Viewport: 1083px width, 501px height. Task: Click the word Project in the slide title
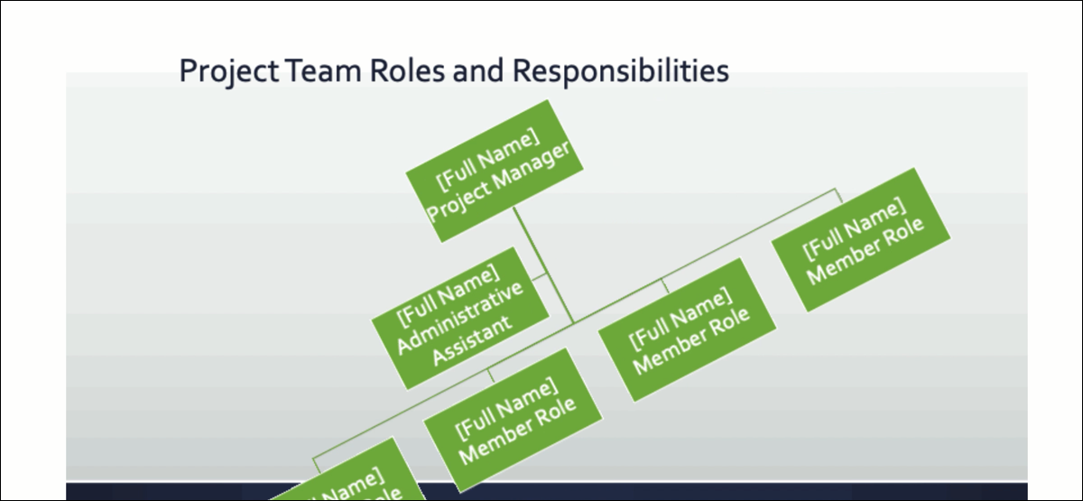(x=219, y=70)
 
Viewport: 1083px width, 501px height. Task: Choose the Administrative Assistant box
(x=461, y=318)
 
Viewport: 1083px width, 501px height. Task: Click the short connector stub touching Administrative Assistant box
(x=540, y=279)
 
